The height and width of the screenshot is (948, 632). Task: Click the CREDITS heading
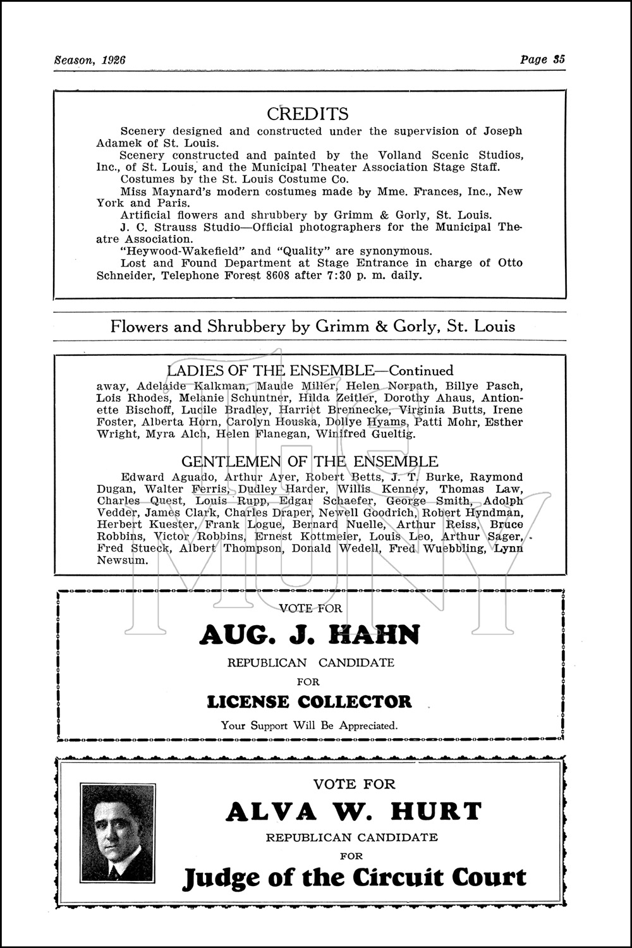coord(307,114)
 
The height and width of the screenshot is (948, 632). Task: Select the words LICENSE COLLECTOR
coord(309,702)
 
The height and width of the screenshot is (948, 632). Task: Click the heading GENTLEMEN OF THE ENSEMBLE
coord(309,462)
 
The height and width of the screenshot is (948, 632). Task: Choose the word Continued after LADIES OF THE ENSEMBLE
coord(420,371)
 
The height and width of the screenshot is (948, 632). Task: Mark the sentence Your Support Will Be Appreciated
coord(309,726)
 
